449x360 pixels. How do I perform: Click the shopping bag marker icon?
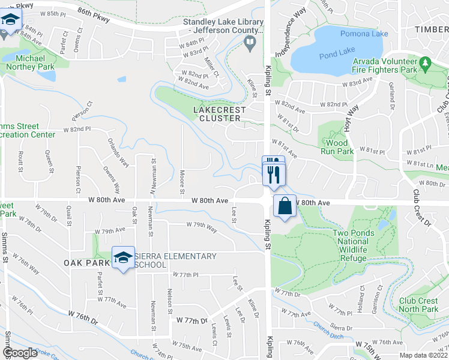click(x=285, y=206)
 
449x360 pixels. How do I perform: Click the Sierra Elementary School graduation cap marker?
click(x=123, y=257)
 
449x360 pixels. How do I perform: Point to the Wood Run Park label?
click(x=337, y=148)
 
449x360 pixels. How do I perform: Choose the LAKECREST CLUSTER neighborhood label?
click(x=217, y=114)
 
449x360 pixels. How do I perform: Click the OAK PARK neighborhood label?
click(x=88, y=263)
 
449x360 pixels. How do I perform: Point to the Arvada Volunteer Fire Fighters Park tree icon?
click(x=425, y=62)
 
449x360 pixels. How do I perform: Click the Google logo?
click(x=20, y=353)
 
